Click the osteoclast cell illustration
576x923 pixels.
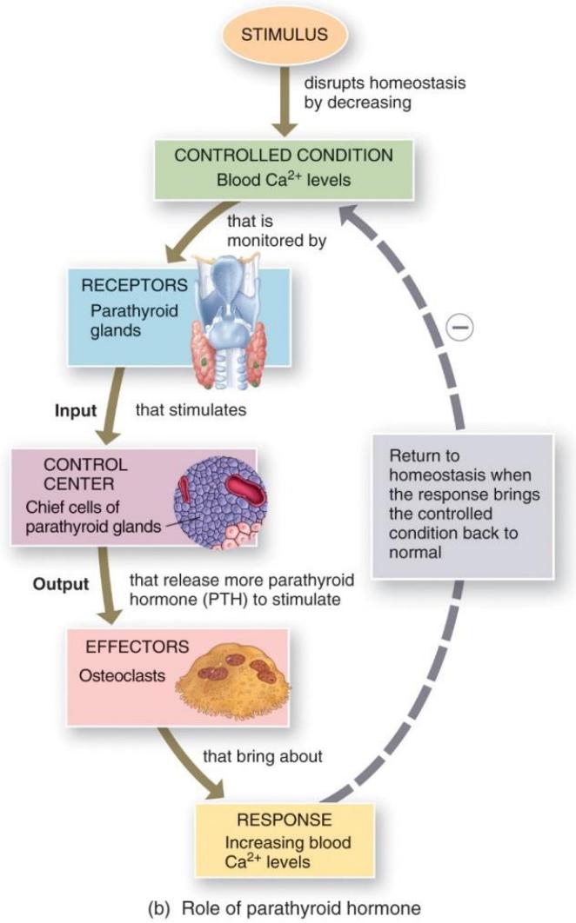pyautogui.click(x=234, y=681)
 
